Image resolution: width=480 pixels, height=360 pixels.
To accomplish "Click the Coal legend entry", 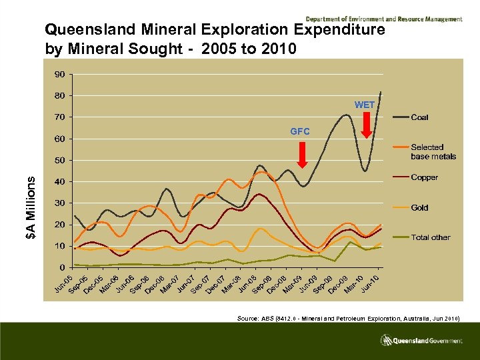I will click(x=419, y=117).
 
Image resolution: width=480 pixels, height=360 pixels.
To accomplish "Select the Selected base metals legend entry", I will click(x=433, y=151).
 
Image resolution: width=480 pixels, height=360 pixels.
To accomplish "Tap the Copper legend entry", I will click(x=424, y=177).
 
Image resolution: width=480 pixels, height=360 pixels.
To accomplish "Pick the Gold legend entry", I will click(x=419, y=207).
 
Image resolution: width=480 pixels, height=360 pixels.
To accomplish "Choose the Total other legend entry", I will click(x=430, y=237).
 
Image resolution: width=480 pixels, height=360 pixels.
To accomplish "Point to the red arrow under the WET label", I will click(x=366, y=125).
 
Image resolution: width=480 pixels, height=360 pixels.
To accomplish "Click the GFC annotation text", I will click(x=300, y=132).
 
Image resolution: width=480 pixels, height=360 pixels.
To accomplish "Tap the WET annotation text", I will click(x=365, y=105).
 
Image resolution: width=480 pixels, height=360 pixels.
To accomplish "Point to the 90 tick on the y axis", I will click(x=60, y=74).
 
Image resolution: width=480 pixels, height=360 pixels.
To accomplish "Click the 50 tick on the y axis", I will click(x=60, y=160).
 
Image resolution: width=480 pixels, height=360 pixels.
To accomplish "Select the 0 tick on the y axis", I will click(x=62, y=267).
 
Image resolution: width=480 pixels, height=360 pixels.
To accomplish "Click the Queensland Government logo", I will click(x=421, y=340).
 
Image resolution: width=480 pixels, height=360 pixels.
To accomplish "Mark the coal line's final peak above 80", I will click(x=381, y=91).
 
